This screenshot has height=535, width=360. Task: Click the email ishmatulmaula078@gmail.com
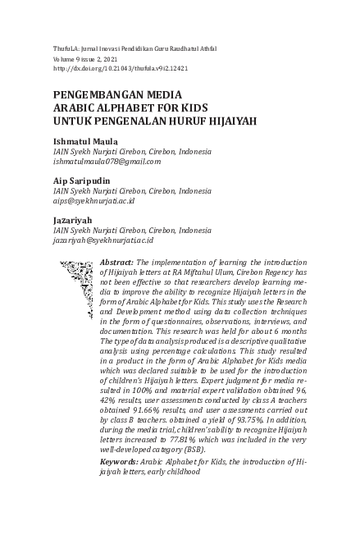[x=107, y=162]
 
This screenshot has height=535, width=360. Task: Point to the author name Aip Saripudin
[x=85, y=181]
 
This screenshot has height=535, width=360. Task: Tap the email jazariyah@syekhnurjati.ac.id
[x=103, y=240]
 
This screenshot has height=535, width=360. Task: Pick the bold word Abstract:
[x=116, y=261]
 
